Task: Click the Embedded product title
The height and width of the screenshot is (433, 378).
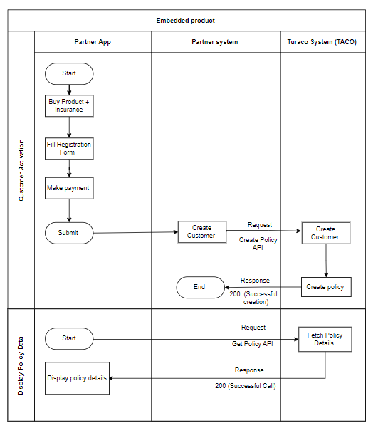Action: coord(185,21)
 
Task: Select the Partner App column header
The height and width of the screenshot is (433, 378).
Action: coord(93,42)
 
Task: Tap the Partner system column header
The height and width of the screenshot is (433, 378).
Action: coord(215,42)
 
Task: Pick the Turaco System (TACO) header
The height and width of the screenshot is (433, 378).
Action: coord(322,42)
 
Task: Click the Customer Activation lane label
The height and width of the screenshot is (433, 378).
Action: coord(21,170)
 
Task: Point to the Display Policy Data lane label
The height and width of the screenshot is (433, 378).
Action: coord(21,365)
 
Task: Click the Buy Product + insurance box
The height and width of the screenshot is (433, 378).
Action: coord(69,106)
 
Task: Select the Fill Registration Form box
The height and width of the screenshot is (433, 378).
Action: coord(69,149)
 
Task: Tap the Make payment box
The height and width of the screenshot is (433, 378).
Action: coord(69,188)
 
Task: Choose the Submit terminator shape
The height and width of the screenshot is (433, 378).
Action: coord(69,233)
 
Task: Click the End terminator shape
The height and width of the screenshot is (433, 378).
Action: coord(201,288)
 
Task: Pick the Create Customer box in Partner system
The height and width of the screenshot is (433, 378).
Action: coord(202,232)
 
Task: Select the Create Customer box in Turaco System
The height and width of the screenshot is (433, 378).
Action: coord(326,233)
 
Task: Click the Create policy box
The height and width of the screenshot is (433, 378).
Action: coord(326,287)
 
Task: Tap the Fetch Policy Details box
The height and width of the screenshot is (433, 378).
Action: coord(325,340)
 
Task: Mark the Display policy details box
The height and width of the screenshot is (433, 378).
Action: coord(77,378)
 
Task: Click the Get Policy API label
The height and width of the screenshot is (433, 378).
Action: coord(253,344)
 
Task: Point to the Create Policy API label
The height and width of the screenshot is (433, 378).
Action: coord(258,244)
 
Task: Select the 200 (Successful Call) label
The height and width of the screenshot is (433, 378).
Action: coord(246,386)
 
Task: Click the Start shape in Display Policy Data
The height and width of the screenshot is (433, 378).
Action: coord(69,339)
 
